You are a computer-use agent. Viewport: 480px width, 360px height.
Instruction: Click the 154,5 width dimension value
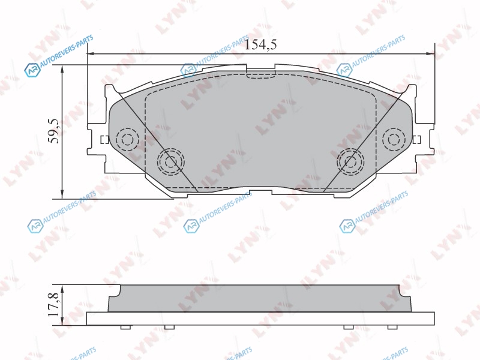click(261, 44)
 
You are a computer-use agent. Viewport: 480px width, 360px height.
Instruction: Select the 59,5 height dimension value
click(55, 131)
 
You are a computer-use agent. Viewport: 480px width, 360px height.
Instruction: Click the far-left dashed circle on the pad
click(128, 139)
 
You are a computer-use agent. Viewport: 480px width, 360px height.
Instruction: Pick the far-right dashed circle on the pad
click(394, 140)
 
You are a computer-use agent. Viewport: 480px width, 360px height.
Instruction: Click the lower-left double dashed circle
click(171, 161)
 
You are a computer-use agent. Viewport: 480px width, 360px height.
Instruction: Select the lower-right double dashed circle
click(350, 161)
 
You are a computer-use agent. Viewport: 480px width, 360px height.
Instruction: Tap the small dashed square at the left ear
click(104, 140)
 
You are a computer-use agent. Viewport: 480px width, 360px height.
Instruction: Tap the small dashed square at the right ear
click(416, 140)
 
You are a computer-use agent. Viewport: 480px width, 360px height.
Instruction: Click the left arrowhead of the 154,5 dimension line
click(91, 54)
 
